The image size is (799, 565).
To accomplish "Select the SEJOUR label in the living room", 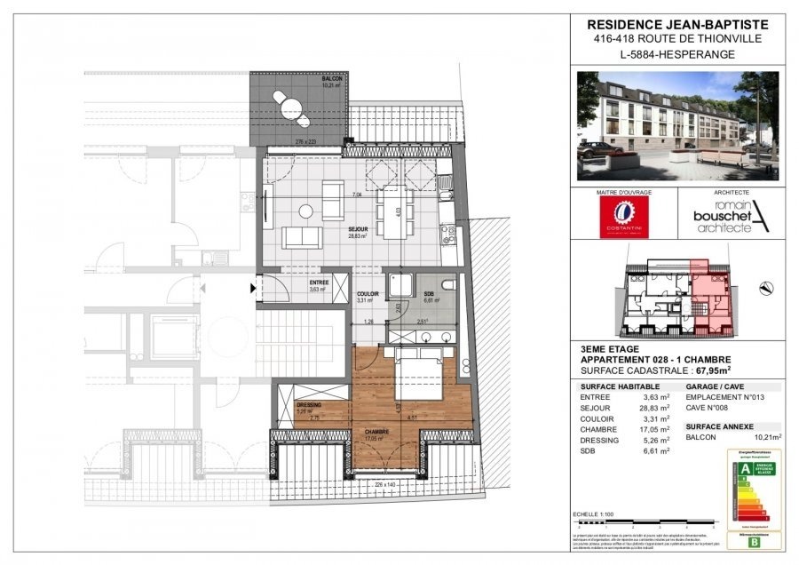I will [358, 229].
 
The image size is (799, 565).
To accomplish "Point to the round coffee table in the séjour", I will [305, 211].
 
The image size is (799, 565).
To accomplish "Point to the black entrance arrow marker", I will [254, 288].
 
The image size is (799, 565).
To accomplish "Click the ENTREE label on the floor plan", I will [318, 282].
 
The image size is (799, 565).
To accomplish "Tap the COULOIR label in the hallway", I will [368, 295].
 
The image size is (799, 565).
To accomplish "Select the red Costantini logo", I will [624, 217].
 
